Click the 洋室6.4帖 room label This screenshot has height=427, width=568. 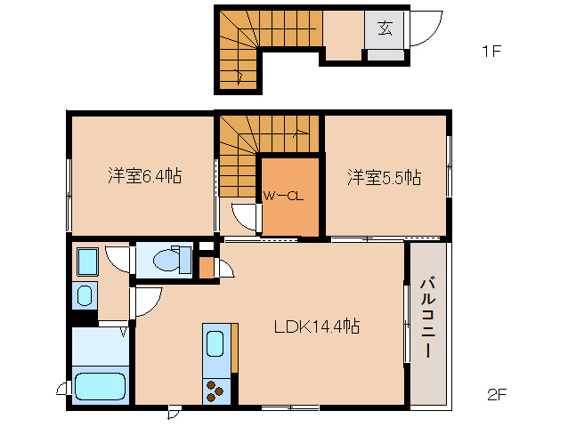[x=145, y=176]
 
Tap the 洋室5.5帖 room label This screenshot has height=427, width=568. [x=385, y=177]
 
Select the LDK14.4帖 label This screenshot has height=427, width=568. [x=317, y=326]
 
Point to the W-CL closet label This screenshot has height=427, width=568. [x=283, y=197]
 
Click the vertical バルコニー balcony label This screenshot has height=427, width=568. [x=428, y=318]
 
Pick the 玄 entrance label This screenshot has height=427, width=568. [x=385, y=28]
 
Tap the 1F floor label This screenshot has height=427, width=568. [x=491, y=52]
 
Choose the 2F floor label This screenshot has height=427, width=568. [x=496, y=394]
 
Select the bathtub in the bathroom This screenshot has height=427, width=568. [x=101, y=386]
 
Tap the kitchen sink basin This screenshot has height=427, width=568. [x=215, y=343]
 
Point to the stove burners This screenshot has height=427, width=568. [x=215, y=391]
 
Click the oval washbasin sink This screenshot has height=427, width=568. [x=85, y=295]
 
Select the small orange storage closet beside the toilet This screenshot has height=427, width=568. [x=207, y=268]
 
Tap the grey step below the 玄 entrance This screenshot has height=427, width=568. [x=385, y=55]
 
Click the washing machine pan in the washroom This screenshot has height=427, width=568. [x=87, y=262]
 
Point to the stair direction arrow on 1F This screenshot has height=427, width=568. [x=239, y=76]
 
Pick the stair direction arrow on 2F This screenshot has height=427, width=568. [x=301, y=133]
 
